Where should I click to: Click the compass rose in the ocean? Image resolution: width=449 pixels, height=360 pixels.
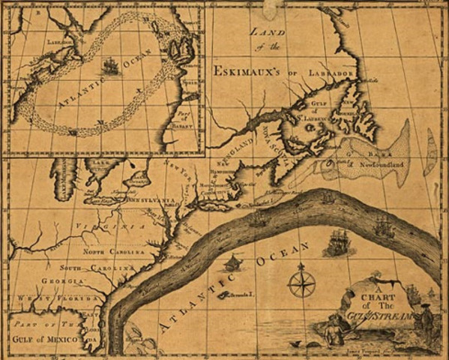coord(302,283)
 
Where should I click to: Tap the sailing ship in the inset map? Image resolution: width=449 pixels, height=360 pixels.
coord(111,67)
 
